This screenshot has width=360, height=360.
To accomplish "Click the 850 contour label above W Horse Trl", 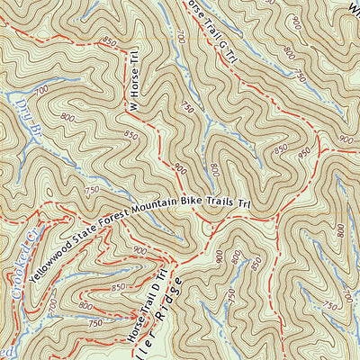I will point(111,41).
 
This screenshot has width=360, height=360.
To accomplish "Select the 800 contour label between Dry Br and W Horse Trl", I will point(68,117).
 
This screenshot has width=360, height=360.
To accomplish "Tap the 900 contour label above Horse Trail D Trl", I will point(139,250).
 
